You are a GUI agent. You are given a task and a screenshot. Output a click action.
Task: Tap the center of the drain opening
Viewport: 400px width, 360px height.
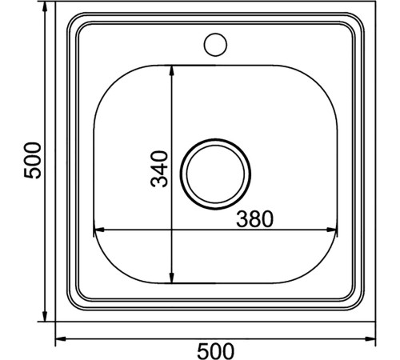(215, 174)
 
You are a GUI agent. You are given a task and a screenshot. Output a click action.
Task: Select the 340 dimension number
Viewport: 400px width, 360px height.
(159, 169)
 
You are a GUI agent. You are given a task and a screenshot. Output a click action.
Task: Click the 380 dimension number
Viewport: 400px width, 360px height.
(255, 219)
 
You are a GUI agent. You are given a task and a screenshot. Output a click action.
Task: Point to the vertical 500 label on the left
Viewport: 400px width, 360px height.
(33, 160)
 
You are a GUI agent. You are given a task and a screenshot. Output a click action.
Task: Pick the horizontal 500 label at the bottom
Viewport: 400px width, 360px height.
(215, 351)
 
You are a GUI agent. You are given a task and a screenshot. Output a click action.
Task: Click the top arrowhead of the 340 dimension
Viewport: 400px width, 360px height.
(172, 70)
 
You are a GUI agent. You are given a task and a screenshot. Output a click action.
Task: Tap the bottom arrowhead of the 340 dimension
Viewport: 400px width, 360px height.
(172, 278)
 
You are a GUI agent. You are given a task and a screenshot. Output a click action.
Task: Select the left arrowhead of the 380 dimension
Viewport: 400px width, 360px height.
(98, 230)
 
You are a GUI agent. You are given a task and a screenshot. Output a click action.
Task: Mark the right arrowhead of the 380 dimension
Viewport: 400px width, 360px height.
(331, 230)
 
